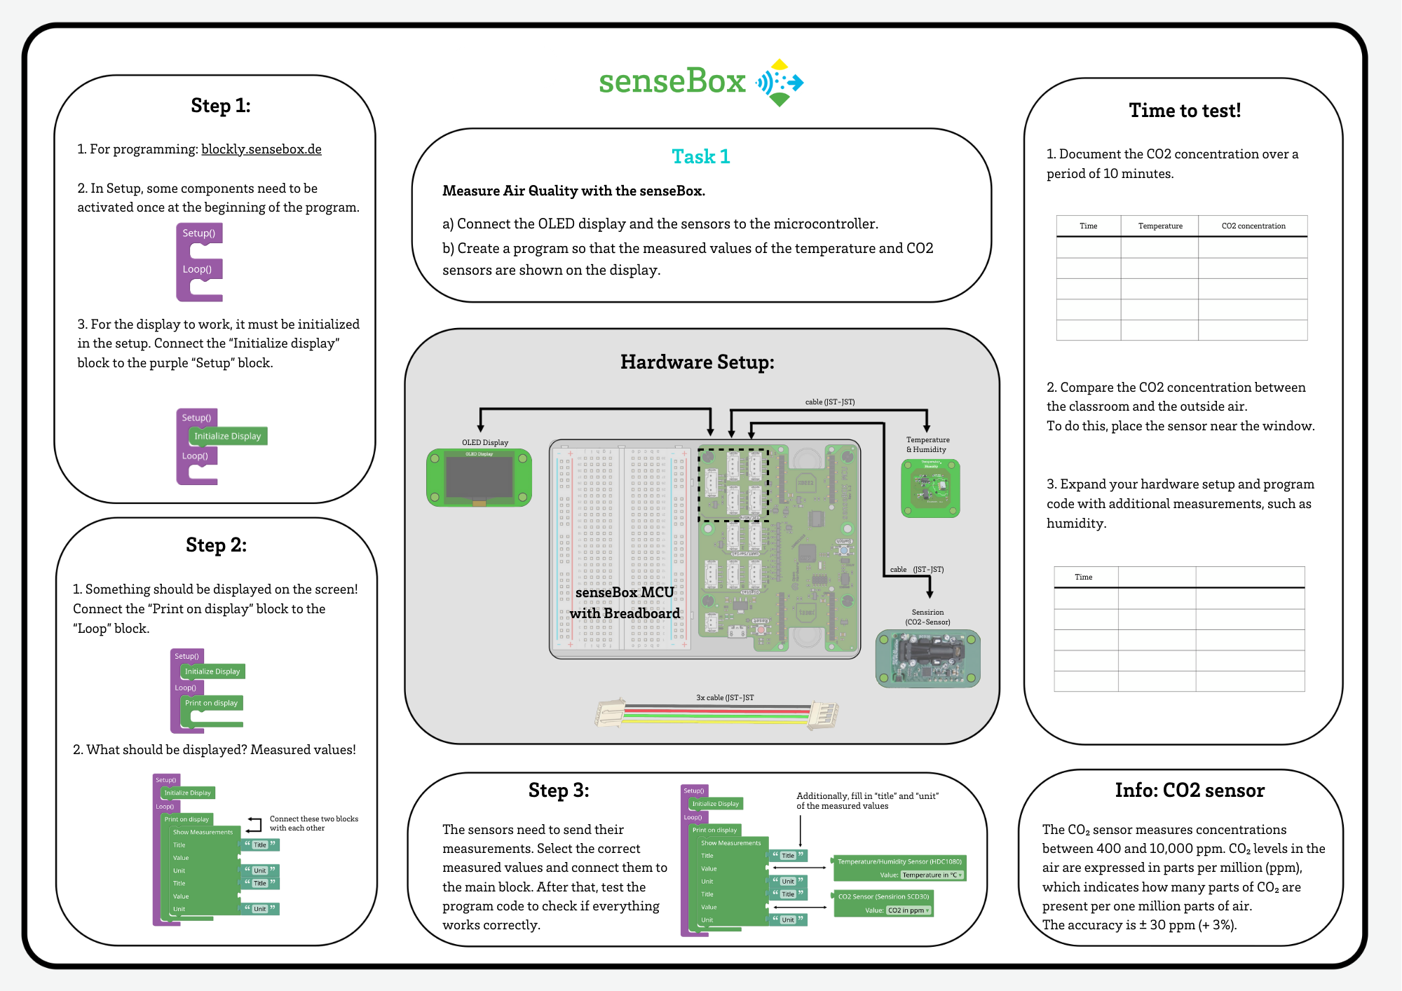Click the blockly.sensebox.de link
[261, 149]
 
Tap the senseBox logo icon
[780, 83]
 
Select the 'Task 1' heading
[700, 156]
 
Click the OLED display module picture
[479, 478]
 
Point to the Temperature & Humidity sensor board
[930, 488]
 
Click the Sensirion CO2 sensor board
[927, 658]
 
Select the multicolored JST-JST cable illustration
[716, 714]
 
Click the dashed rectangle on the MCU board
[733, 485]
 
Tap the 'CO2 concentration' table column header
[1253, 226]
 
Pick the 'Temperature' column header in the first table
[1159, 226]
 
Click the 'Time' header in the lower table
[1083, 577]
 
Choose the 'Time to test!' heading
[1185, 111]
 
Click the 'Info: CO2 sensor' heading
[1190, 791]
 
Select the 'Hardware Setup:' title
[697, 362]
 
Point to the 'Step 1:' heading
[221, 106]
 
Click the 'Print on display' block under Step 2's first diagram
[212, 703]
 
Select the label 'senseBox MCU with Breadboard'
[625, 603]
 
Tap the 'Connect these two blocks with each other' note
[313, 823]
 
